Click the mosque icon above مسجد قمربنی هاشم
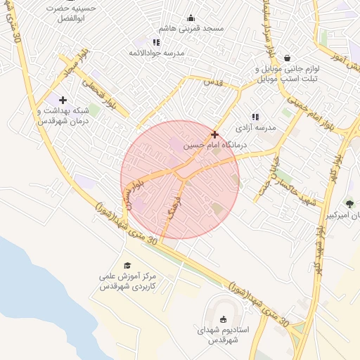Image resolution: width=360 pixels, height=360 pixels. click(x=191, y=18)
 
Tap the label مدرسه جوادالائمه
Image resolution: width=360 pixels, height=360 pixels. click(x=157, y=53)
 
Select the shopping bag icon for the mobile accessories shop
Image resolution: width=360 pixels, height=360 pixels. click(x=287, y=58)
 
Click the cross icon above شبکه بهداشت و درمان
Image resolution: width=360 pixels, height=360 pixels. click(x=63, y=100)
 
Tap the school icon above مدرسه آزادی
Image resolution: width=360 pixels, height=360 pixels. click(x=255, y=117)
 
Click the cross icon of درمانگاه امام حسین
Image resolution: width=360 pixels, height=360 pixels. click(x=214, y=134)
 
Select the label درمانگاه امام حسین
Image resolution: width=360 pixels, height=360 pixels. click(x=209, y=146)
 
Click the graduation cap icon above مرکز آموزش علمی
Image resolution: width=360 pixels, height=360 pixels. click(x=127, y=265)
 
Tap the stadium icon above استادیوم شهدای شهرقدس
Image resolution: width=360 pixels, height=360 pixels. click(x=224, y=318)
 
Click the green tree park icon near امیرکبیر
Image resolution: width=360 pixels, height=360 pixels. click(x=349, y=204)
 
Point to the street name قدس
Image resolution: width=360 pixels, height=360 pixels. click(x=213, y=82)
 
